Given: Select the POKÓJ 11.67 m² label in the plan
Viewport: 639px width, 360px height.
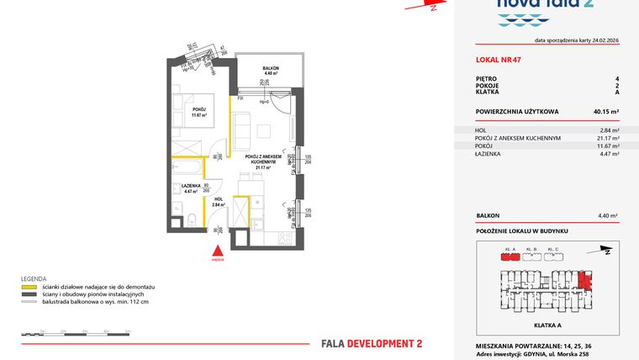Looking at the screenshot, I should (x=198, y=112).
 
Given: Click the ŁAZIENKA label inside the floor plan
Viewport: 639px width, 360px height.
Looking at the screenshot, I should (x=190, y=186).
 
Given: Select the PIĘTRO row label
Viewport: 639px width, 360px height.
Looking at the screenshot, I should (x=485, y=78).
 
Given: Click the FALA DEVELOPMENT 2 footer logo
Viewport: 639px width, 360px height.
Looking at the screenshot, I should (x=372, y=343).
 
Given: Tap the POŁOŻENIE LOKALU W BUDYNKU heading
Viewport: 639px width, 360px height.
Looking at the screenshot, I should (x=522, y=230).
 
